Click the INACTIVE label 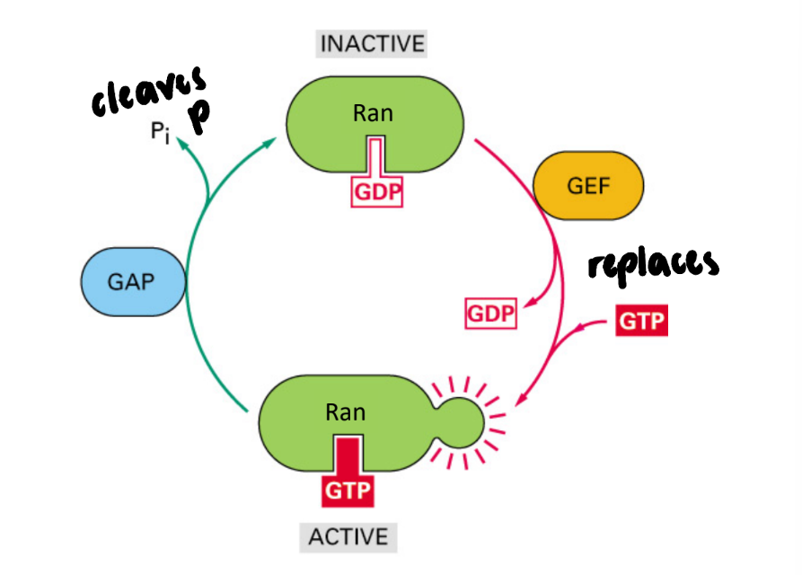coord(372,43)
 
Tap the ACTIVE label coord(348,536)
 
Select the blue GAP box coord(132,280)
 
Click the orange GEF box coord(588,185)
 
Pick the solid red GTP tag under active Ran coord(347,491)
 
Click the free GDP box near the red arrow coord(491,314)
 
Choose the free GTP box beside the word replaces coord(642,321)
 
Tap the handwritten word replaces coord(653,264)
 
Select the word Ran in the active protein coord(346,411)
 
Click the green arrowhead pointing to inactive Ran coord(270,139)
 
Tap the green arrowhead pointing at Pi coord(183,144)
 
